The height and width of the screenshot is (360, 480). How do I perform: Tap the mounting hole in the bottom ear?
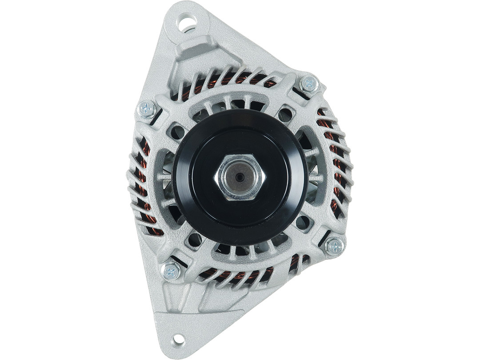coord(178,340)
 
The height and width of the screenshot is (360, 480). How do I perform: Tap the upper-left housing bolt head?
coord(147,108)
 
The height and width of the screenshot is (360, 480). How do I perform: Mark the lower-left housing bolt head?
coord(171,271)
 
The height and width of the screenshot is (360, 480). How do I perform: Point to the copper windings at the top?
coord(231,80)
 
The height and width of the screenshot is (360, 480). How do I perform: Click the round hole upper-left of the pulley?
coord(178,132)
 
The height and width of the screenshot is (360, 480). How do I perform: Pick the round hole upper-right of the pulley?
coord(284,116)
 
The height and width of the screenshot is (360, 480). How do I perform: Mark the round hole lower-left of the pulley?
coord(195,240)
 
